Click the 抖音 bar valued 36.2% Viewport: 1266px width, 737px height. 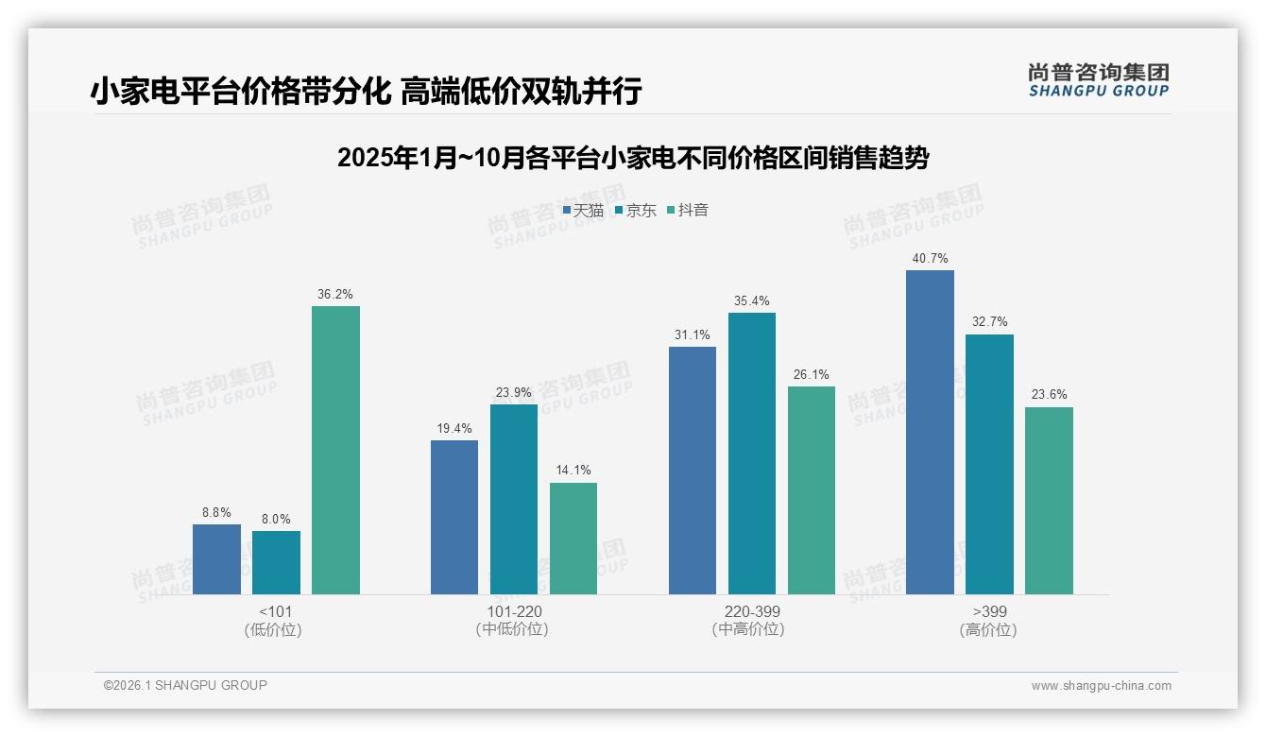tap(335, 450)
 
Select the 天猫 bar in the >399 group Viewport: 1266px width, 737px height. tap(930, 432)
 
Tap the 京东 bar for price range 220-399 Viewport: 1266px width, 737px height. tap(751, 454)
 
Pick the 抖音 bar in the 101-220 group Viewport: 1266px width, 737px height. tap(573, 539)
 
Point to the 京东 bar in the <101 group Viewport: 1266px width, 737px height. tap(276, 562)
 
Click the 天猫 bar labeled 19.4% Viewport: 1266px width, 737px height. tap(454, 517)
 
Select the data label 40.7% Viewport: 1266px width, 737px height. tap(930, 259)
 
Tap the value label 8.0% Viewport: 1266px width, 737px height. tap(276, 519)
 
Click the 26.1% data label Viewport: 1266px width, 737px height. tap(811, 375)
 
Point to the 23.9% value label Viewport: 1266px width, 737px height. tap(513, 393)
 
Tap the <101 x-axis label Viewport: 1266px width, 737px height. tap(276, 611)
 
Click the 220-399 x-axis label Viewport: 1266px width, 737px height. tap(751, 611)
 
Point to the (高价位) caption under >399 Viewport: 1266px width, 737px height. tap(988, 629)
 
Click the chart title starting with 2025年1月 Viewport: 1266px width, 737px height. tap(633, 158)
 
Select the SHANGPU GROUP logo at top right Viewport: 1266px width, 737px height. tap(1098, 80)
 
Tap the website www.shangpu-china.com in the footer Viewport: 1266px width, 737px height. tap(1101, 686)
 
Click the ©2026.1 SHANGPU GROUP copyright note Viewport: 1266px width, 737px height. tap(186, 685)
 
